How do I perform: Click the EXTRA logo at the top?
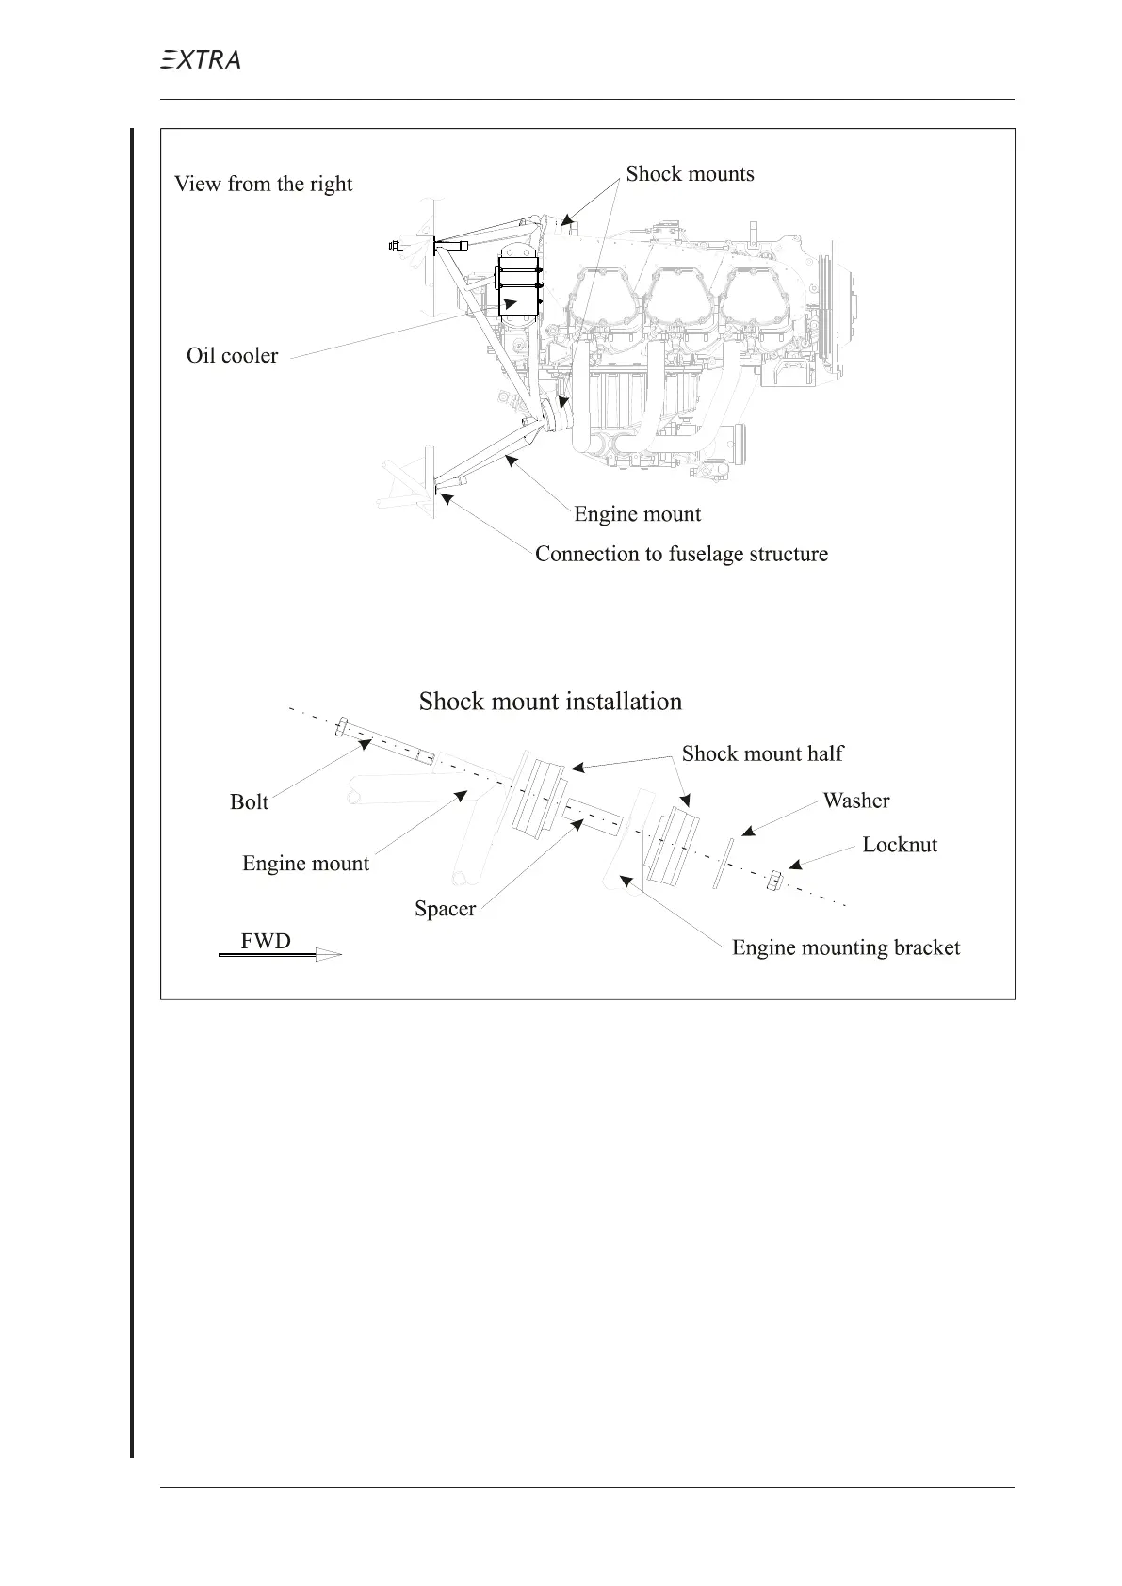(199, 60)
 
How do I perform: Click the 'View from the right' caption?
(263, 184)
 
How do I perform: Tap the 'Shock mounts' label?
(690, 174)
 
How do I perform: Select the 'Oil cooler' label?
(232, 356)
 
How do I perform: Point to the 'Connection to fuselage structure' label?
(681, 554)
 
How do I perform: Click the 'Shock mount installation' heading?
(550, 702)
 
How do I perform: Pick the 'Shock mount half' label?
(762, 753)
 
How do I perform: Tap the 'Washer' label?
(855, 801)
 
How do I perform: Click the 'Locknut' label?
(900, 845)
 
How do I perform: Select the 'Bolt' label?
(249, 802)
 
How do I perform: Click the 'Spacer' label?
(445, 909)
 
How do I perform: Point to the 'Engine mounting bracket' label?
(846, 947)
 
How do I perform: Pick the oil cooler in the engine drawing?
(517, 287)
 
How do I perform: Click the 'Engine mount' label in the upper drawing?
(637, 514)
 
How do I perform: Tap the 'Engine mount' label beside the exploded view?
(305, 864)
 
